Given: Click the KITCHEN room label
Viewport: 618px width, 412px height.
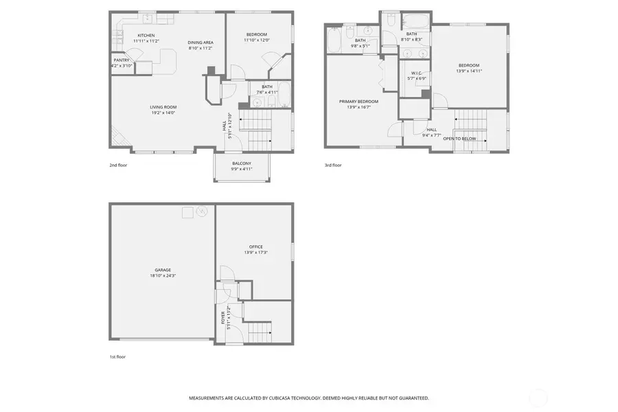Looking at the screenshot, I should click(146, 35).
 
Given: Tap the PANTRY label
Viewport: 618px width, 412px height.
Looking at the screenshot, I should click(122, 60).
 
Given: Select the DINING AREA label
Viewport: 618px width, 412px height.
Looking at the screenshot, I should click(201, 43).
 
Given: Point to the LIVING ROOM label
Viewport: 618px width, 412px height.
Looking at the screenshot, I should click(163, 106).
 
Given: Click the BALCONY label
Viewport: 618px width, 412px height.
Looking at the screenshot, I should click(241, 163).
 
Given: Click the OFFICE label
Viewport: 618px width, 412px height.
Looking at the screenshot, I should click(256, 247).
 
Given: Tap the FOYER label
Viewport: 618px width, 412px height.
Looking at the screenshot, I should click(223, 317).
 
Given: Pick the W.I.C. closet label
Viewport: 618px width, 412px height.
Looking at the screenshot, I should click(417, 73).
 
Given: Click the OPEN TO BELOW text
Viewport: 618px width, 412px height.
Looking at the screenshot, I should click(459, 139).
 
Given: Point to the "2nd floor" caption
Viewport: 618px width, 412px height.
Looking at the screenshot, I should click(118, 165).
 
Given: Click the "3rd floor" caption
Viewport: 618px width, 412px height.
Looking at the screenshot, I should click(332, 165).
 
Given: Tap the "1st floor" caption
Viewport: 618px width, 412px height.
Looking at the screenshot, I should click(117, 356).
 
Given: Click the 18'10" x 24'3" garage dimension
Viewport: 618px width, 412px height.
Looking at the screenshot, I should click(163, 275).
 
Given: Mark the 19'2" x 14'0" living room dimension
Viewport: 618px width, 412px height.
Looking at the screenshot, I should click(163, 112).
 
